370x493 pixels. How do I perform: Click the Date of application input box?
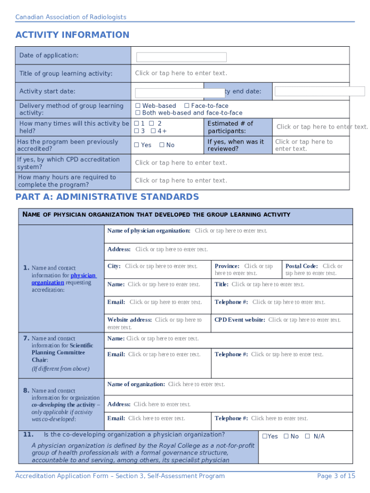click(181, 57)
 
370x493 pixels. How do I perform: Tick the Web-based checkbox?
click(137, 106)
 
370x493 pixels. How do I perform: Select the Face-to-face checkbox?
click(186, 106)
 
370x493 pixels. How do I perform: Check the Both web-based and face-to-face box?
click(137, 113)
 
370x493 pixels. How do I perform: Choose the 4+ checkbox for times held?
click(153, 131)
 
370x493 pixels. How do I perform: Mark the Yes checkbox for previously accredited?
click(136, 145)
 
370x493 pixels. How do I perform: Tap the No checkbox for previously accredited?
click(162, 145)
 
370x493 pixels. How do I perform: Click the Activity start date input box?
click(173, 93)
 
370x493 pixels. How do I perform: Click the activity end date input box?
click(312, 91)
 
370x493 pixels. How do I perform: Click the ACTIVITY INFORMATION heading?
click(72, 35)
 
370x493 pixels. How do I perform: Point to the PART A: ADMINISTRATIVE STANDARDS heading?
click(107, 197)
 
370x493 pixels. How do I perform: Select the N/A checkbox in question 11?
click(308, 436)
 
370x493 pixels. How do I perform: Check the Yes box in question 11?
click(264, 436)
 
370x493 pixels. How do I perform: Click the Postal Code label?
click(301, 266)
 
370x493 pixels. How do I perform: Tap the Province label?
click(227, 266)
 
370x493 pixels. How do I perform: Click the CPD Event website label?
click(239, 320)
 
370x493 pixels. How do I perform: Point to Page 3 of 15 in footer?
click(336, 476)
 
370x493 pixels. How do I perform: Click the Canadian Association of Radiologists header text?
click(71, 17)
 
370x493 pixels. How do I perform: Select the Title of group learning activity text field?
click(181, 73)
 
